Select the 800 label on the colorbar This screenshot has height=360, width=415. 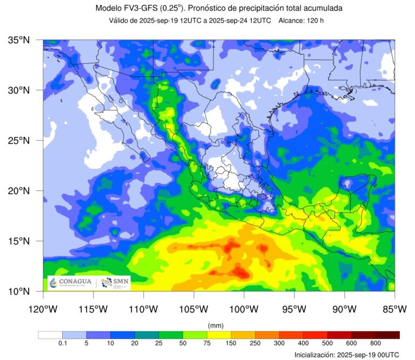click(x=376, y=343)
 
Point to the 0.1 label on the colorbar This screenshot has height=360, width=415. click(x=62, y=343)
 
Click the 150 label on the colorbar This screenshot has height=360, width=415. click(x=231, y=343)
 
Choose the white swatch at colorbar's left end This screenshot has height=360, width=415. click(x=50, y=335)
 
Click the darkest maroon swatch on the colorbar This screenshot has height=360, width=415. click(x=387, y=335)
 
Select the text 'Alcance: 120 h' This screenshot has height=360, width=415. click(x=301, y=21)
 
